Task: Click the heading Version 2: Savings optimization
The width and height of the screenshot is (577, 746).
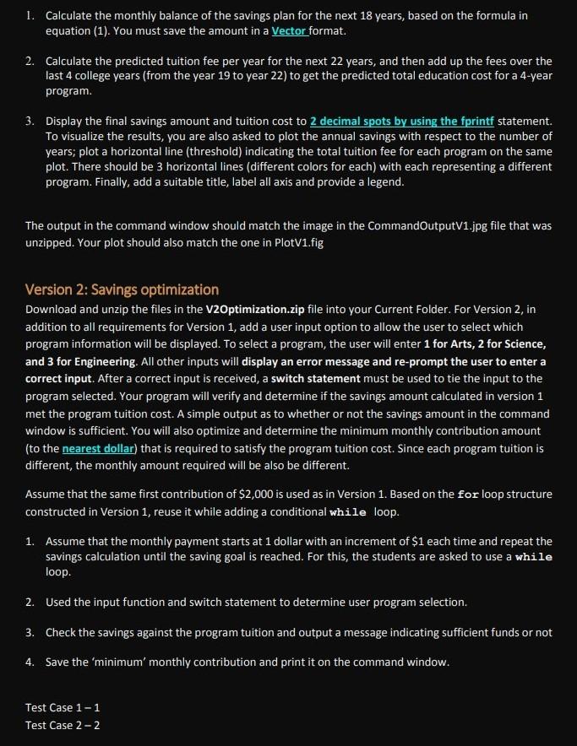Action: (x=122, y=289)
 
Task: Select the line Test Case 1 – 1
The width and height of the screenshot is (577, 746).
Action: (x=63, y=707)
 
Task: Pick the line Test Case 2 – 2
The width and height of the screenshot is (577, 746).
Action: (x=63, y=725)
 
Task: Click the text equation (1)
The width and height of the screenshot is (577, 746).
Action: (x=75, y=31)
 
